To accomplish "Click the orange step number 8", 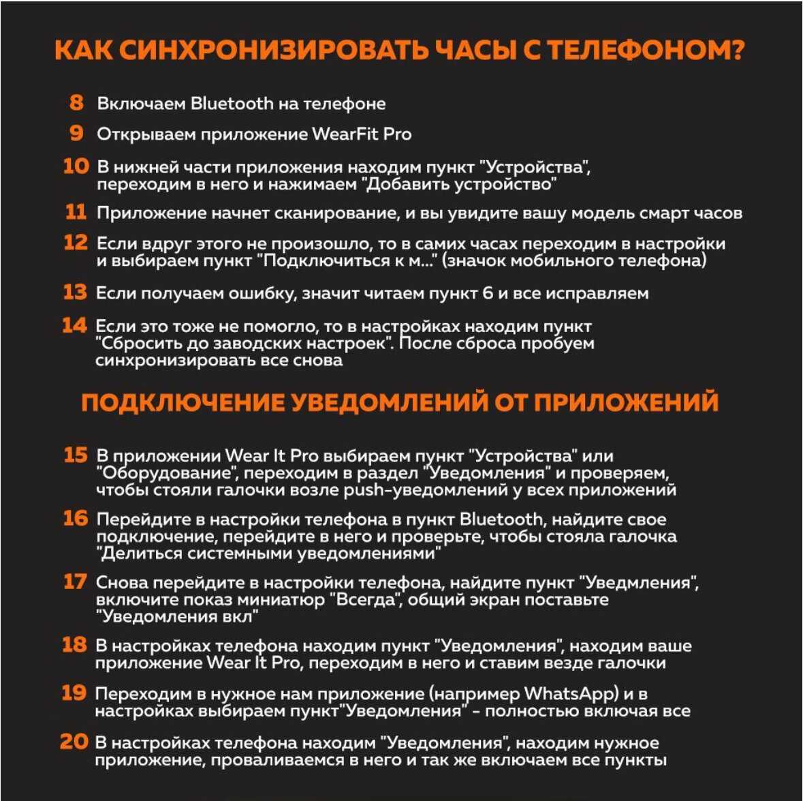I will (76, 102).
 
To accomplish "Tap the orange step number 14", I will (74, 325).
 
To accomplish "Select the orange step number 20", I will (74, 742).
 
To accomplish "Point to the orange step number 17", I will (74, 581).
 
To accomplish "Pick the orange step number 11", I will (76, 212).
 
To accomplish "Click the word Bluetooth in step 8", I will (232, 104).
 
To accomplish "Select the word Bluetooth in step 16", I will (501, 519).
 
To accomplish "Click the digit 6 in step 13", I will (487, 294).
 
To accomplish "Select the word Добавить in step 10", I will (406, 184).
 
